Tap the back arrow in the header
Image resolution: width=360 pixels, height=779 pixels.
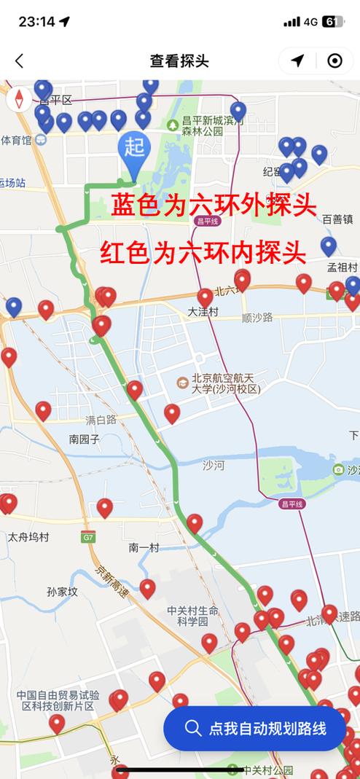pyautogui.click(x=20, y=61)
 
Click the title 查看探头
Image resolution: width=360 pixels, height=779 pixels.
pyautogui.click(x=179, y=61)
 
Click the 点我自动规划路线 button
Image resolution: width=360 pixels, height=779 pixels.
pyautogui.click(x=254, y=727)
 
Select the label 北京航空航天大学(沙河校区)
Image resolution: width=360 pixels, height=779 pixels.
pyautogui.click(x=225, y=383)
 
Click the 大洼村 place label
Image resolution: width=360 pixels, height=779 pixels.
pyautogui.click(x=203, y=312)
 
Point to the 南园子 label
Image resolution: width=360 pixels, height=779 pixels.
pyautogui.click(x=85, y=439)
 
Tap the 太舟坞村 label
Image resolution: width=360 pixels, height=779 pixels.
pyautogui.click(x=28, y=537)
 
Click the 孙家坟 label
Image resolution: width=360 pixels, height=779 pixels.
pyautogui.click(x=62, y=592)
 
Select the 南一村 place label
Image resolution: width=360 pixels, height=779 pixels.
pyautogui.click(x=144, y=547)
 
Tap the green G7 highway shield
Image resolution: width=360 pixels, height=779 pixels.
pyautogui.click(x=88, y=537)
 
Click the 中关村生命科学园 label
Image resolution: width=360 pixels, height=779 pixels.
pyautogui.click(x=192, y=616)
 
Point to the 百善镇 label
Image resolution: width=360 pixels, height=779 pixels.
pyautogui.click(x=337, y=219)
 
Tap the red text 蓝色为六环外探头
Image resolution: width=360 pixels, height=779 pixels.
pyautogui.click(x=214, y=206)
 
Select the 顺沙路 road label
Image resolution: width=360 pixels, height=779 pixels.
pyautogui.click(x=257, y=317)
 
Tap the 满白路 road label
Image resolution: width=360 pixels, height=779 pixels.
pyautogui.click(x=101, y=420)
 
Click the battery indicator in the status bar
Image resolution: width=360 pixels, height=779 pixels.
pyautogui.click(x=333, y=22)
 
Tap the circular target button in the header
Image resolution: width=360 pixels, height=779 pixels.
pyautogui.click(x=334, y=61)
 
